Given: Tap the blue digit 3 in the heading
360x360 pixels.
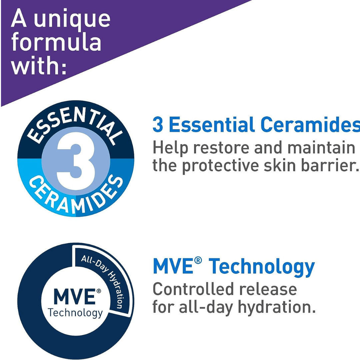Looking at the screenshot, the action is [158, 125].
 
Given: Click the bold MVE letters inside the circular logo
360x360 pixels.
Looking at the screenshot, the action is [75, 297].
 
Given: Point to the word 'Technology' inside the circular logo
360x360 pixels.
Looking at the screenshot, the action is [75, 313].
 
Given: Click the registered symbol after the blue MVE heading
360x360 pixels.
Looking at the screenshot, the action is [198, 260].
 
